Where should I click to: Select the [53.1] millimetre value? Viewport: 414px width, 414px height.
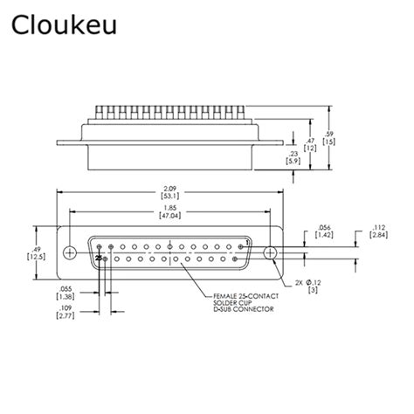[x=169, y=197]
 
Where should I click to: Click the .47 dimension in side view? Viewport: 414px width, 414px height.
[x=309, y=140]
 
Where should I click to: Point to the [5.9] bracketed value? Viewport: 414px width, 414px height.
[x=292, y=162]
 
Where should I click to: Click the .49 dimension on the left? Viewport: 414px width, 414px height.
[x=34, y=248]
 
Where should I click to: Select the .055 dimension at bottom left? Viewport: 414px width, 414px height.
[x=66, y=289]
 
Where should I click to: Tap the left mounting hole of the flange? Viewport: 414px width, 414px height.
[x=69, y=252]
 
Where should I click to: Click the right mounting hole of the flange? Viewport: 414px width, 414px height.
[x=270, y=252]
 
